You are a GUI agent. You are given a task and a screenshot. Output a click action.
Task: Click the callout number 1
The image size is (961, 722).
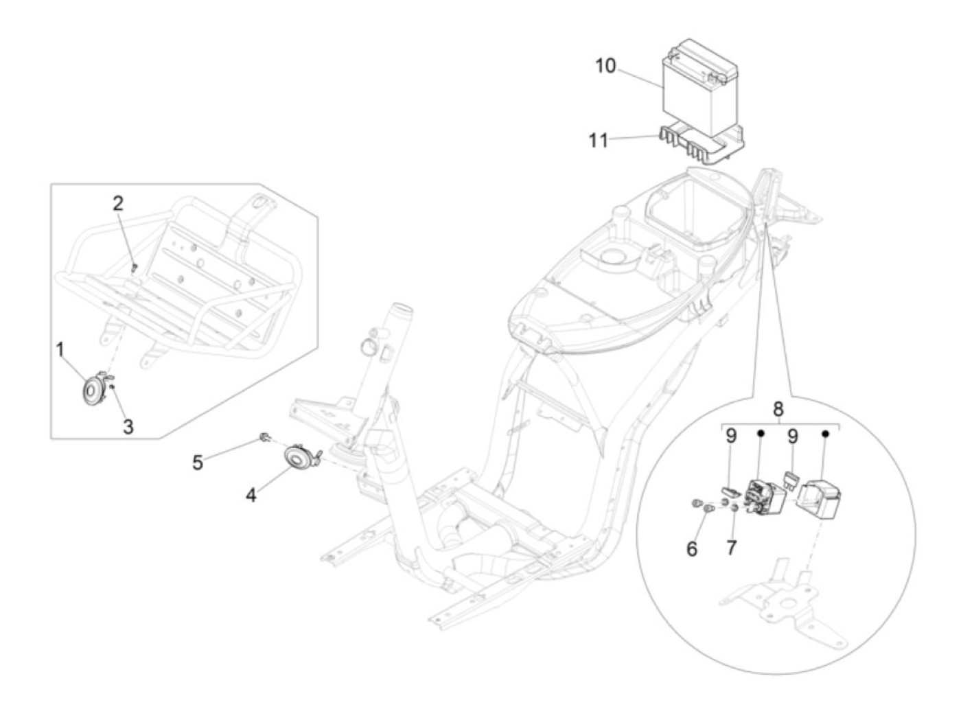[60, 350]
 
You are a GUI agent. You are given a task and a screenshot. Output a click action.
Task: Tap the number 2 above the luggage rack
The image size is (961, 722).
[119, 203]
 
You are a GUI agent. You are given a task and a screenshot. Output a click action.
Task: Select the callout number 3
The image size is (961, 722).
[128, 426]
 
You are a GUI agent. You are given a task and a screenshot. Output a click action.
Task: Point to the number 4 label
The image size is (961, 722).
[252, 494]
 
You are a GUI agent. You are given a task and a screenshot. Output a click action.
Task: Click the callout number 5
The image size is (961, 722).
[198, 463]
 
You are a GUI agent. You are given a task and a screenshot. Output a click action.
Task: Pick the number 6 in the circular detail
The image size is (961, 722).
[692, 548]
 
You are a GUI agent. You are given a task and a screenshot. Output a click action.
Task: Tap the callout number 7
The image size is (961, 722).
[732, 548]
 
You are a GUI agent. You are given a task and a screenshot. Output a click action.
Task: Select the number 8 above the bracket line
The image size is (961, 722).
[778, 409]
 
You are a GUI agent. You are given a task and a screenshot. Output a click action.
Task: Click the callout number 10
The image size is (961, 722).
[605, 66]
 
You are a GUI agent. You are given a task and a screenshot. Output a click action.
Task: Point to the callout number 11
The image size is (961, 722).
[598, 140]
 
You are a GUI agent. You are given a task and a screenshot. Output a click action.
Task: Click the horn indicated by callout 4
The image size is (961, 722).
[299, 458]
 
